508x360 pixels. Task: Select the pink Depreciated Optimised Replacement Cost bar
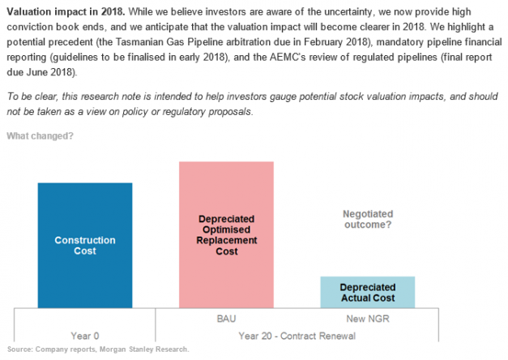click(x=226, y=234)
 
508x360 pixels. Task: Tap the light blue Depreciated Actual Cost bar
click(x=367, y=292)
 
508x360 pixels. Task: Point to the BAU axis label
click(x=226, y=319)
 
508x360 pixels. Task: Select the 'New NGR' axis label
click(x=367, y=319)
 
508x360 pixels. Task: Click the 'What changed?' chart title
click(x=40, y=135)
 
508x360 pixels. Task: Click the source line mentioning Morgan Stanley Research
click(x=97, y=349)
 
